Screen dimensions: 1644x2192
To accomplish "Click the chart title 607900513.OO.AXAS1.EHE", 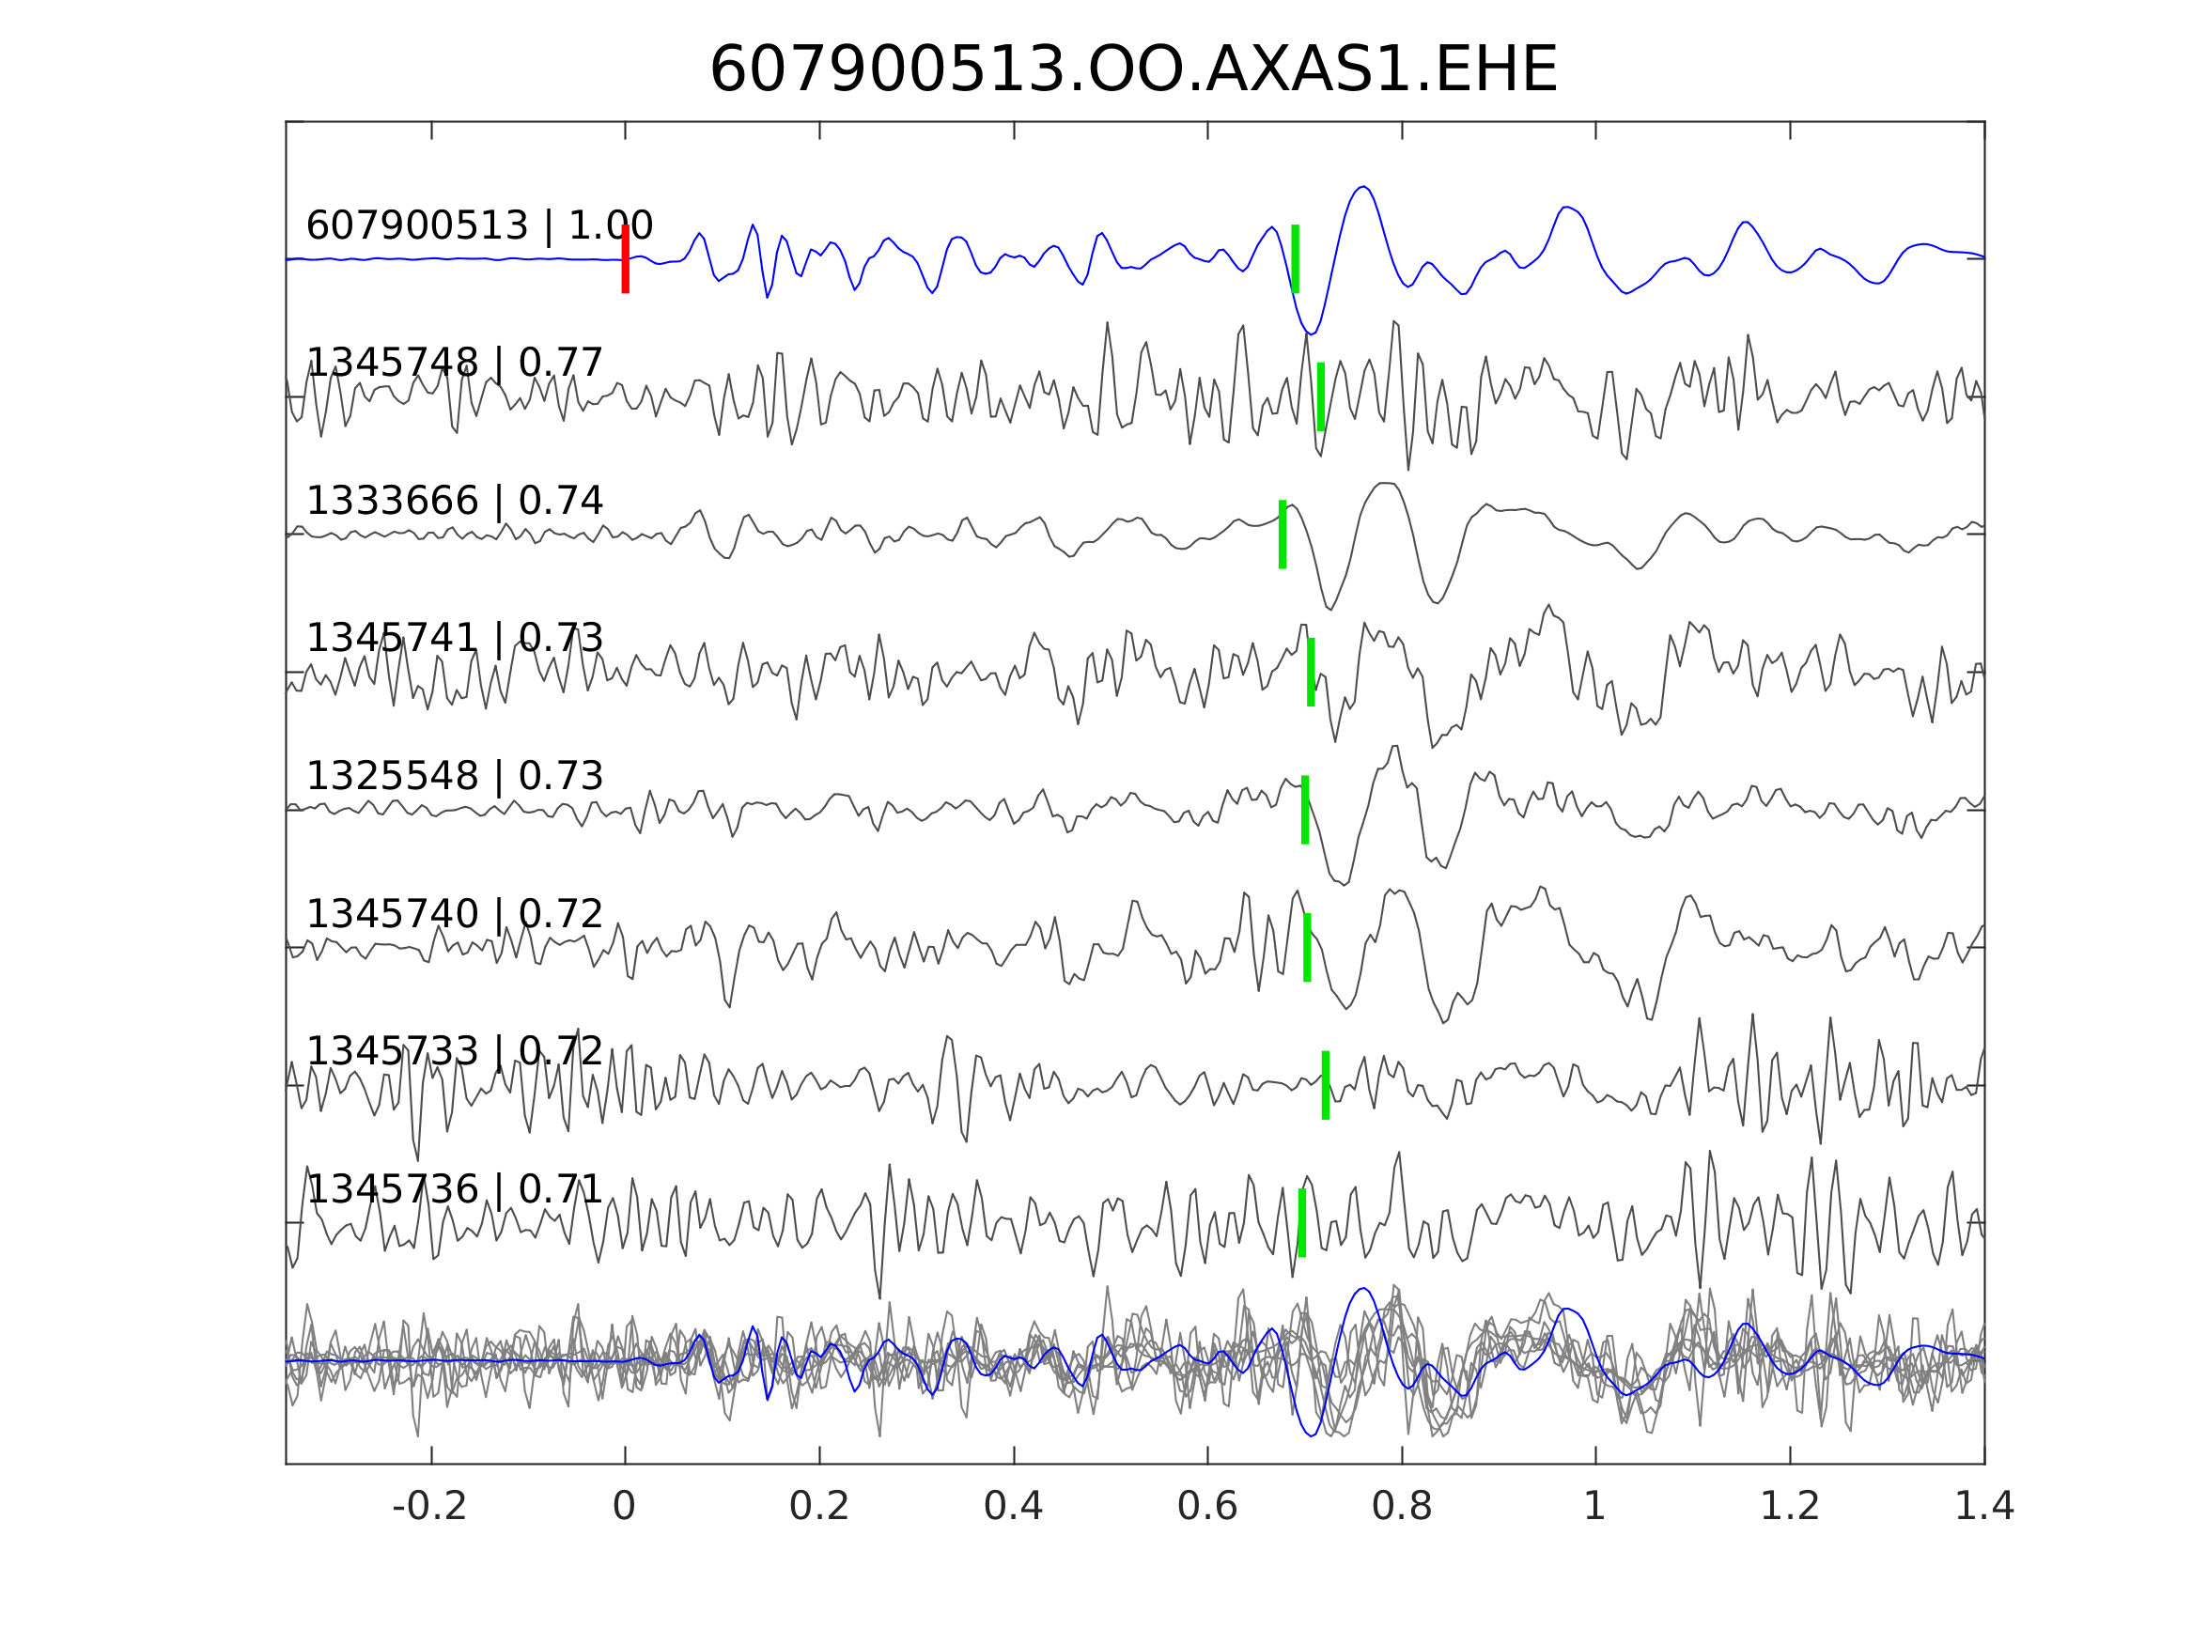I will coord(1133,70).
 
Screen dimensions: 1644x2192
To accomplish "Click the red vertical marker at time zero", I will coord(626,258).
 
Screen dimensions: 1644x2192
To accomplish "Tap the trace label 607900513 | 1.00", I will coord(479,226).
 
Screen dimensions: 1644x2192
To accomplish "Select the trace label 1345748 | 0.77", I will coord(455,363).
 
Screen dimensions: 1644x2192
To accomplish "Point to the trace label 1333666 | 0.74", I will coord(455,502).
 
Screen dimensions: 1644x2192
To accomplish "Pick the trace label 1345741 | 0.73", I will coord(455,638).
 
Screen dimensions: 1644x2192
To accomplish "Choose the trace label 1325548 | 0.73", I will coord(455,776).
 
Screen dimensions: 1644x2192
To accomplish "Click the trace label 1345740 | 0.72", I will coord(455,914).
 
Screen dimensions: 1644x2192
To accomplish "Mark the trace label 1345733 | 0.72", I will coord(455,1051).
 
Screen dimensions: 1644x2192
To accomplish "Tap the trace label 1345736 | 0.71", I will coord(455,1189).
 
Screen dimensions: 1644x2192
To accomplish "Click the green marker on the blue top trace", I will coord(1295,258).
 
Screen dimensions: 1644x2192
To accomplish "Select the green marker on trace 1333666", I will coord(1283,535).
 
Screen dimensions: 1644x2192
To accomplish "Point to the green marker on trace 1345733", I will coord(1326,1085).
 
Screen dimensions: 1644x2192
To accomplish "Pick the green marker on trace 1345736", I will coord(1302,1223).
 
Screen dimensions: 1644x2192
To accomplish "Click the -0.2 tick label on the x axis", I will coord(430,1507).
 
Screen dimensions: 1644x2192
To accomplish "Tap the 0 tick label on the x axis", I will coord(624,1507).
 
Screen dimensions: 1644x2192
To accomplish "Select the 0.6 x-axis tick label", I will coord(1207,1507).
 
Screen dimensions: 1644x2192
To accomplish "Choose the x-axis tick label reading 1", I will coord(1594,1507).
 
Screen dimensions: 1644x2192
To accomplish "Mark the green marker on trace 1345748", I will coord(1321,396).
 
